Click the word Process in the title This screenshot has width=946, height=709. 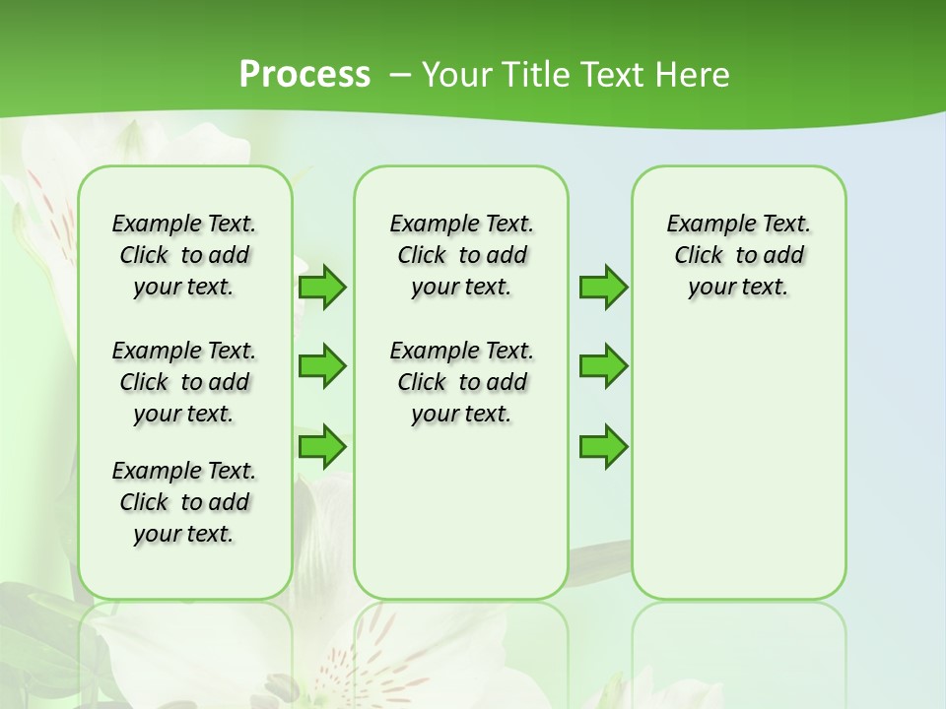pyautogui.click(x=304, y=75)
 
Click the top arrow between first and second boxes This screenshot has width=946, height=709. pyautogui.click(x=321, y=287)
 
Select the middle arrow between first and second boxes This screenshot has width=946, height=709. pyautogui.click(x=321, y=366)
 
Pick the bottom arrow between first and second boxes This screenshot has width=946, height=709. pyautogui.click(x=321, y=446)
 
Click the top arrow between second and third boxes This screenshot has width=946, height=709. pyautogui.click(x=603, y=287)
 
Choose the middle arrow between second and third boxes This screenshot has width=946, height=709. pyautogui.click(x=603, y=366)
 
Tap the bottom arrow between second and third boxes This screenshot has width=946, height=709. pyautogui.click(x=603, y=446)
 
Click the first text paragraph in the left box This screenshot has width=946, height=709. pyautogui.click(x=184, y=255)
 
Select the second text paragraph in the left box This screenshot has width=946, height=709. pyautogui.click(x=184, y=382)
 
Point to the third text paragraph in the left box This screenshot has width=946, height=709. pyautogui.click(x=184, y=502)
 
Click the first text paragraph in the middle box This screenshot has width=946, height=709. pyautogui.click(x=461, y=255)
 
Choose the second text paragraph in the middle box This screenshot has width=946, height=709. pyautogui.click(x=461, y=382)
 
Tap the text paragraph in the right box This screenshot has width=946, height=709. pyautogui.click(x=738, y=255)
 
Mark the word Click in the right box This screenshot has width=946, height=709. pyautogui.click(x=699, y=256)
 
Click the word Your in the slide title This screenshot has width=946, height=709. pyautogui.click(x=454, y=75)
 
